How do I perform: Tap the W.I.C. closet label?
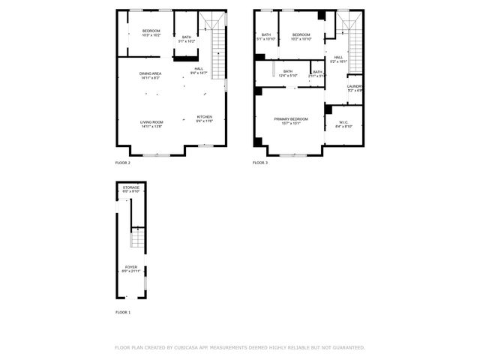pyautogui.click(x=344, y=124)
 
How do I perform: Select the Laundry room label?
pyautogui.click(x=355, y=88)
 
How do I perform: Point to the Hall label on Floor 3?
pyautogui.click(x=339, y=59)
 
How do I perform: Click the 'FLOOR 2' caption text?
pyautogui.click(x=122, y=163)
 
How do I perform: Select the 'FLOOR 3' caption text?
pyautogui.click(x=259, y=163)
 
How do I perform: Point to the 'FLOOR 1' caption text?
pyautogui.click(x=122, y=311)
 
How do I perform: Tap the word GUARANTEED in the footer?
pyautogui.click(x=348, y=347)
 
